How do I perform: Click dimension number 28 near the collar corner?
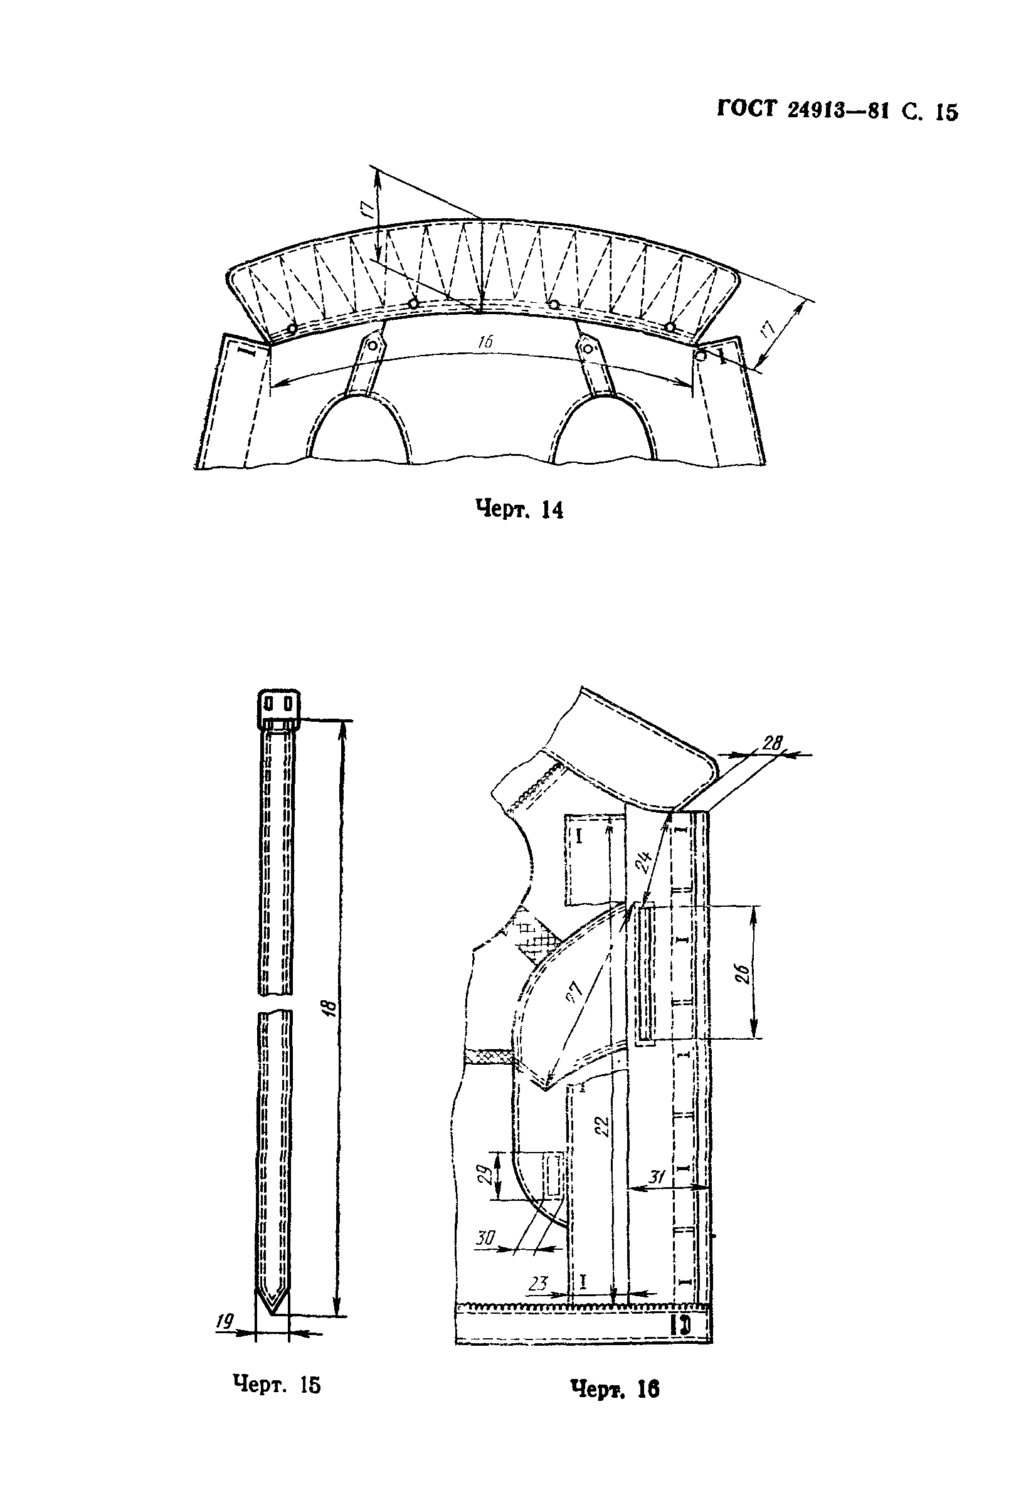coord(771,743)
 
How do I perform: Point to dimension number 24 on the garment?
coord(643,860)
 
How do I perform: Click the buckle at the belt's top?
coord(280,706)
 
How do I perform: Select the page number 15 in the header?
coord(946,112)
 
